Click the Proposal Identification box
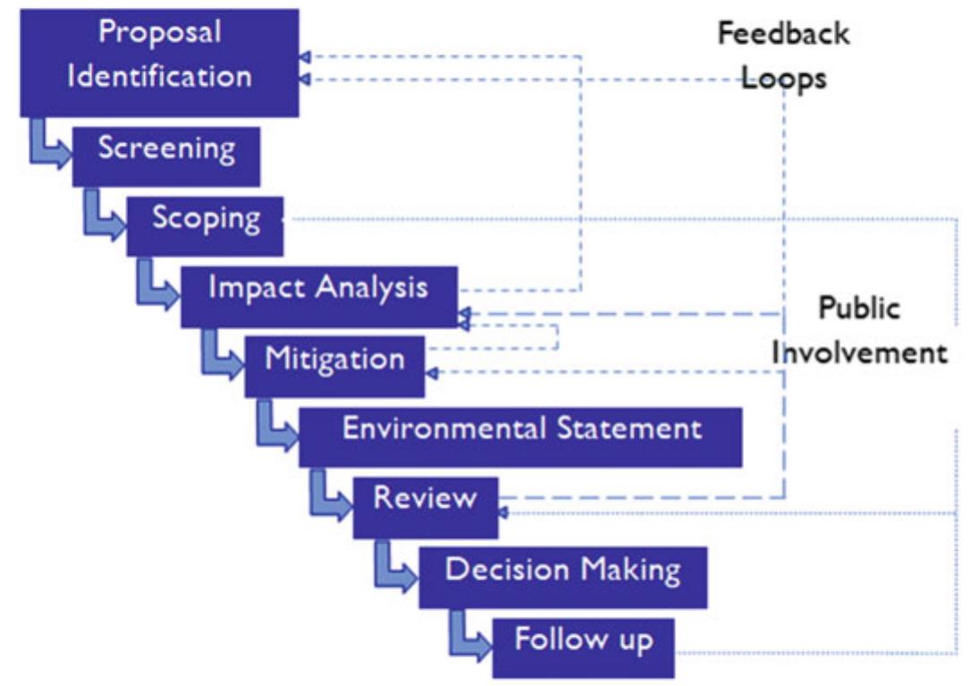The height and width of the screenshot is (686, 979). pos(159,61)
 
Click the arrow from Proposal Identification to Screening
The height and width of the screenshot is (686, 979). pos(50,147)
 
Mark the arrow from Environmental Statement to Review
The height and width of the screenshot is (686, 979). pos(329,497)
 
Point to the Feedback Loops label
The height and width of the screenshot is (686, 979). pos(784,55)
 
